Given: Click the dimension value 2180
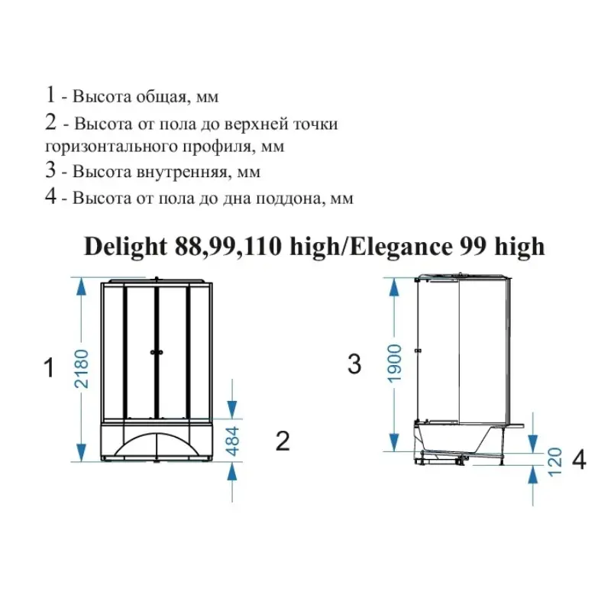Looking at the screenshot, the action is point(82,369).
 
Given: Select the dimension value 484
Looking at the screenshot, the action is point(233,441).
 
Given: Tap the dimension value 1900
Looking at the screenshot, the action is point(394,364).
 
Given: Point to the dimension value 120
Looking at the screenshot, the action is point(555,462).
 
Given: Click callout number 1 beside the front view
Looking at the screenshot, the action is point(49,368).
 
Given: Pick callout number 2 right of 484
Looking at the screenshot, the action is point(283,441).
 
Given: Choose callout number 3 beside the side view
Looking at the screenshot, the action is point(354,365).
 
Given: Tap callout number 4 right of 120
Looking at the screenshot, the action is point(579,460).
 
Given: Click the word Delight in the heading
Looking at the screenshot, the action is point(125,247).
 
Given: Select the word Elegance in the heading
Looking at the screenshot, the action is point(401,247).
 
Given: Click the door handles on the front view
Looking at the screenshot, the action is point(157,352).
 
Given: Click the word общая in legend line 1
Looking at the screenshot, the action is point(163,97).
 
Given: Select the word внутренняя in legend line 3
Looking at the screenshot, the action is point(182,172).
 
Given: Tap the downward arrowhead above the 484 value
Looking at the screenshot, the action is point(232,409).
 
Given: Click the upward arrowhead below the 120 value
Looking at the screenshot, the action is point(532,474).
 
